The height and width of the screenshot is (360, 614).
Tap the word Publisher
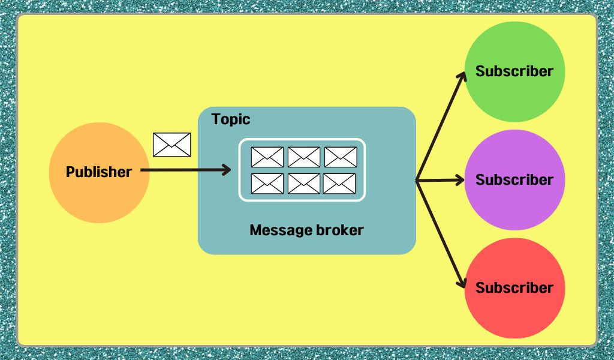click(x=98, y=172)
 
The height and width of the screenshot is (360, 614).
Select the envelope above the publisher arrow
click(x=171, y=145)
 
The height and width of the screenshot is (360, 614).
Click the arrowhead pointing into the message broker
click(x=227, y=170)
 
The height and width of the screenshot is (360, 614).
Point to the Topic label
click(x=231, y=119)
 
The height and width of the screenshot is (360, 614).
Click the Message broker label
click(x=306, y=230)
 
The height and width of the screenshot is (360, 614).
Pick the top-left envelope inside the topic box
click(x=267, y=157)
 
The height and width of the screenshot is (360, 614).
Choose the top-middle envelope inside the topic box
click(x=303, y=157)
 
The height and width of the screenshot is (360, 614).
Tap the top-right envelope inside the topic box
click(x=341, y=157)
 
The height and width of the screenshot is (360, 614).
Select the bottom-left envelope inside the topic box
click(x=267, y=184)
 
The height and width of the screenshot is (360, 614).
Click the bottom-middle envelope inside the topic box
click(x=303, y=184)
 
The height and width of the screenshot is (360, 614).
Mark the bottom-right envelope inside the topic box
click(x=339, y=184)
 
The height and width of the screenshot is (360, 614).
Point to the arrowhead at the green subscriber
click(x=462, y=77)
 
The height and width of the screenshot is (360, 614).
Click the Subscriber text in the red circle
click(x=514, y=288)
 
